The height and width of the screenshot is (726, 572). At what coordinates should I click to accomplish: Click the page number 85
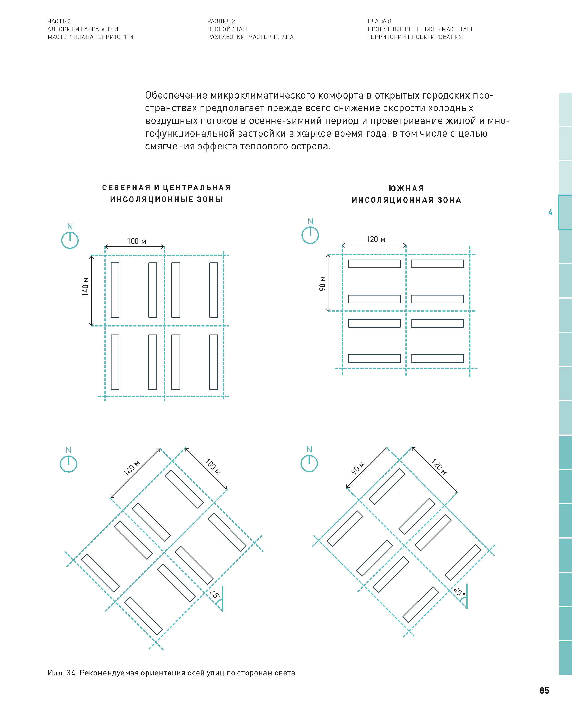[544, 691]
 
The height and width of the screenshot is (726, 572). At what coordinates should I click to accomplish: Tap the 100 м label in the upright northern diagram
[136, 241]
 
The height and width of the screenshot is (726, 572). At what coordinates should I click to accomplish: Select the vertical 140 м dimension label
[85, 287]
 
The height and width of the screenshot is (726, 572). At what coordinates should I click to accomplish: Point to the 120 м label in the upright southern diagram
[375, 239]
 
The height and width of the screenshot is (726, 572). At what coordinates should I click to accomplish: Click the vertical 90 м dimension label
[322, 283]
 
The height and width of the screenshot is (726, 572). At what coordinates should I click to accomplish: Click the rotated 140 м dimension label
[131, 468]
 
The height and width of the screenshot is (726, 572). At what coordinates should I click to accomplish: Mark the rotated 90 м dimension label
[358, 468]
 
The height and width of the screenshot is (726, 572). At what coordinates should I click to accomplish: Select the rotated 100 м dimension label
[213, 467]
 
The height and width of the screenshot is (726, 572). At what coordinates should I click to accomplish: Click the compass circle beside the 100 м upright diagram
[70, 240]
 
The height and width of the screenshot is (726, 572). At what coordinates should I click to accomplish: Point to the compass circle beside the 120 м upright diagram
[310, 235]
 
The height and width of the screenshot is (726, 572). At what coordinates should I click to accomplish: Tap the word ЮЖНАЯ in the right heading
[406, 188]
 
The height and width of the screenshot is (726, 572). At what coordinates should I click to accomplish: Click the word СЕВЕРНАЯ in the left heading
[126, 188]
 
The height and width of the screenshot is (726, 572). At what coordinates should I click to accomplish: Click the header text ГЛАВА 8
[379, 21]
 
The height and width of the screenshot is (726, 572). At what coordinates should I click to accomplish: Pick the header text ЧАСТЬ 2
[59, 21]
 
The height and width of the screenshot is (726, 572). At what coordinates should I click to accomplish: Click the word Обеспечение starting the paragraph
[176, 96]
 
